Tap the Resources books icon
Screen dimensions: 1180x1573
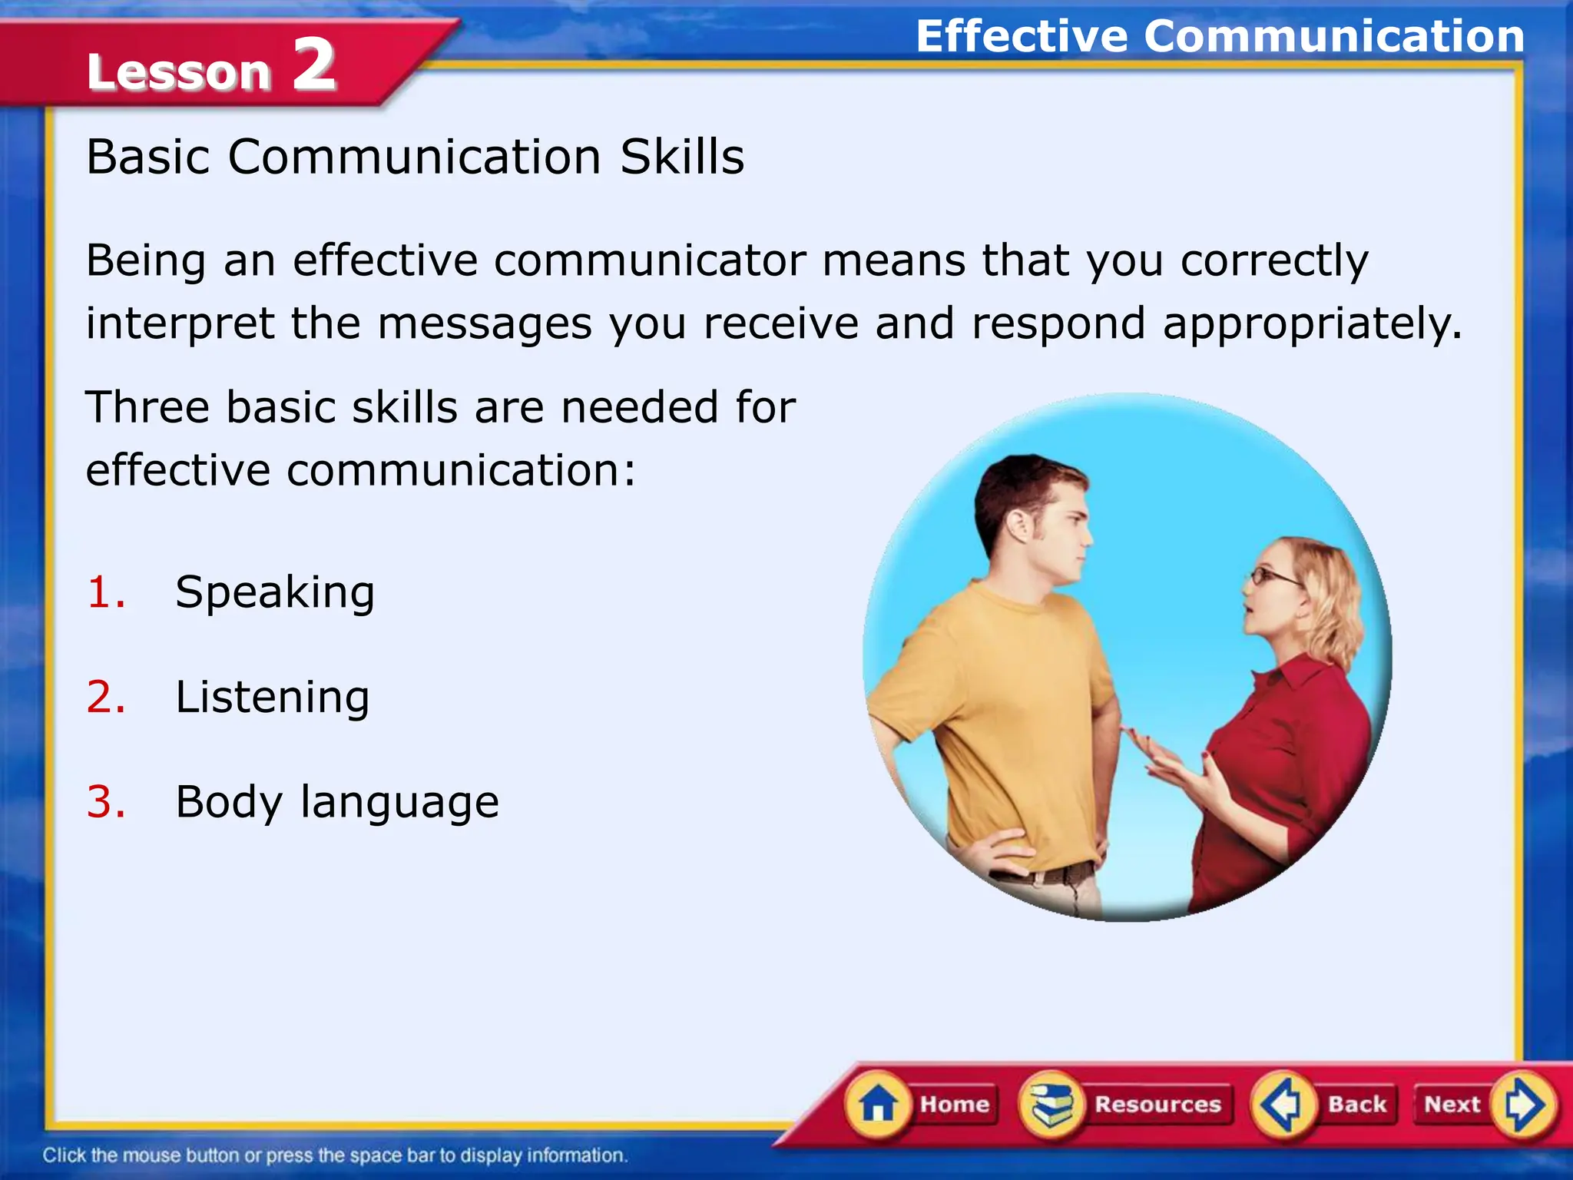(1051, 1104)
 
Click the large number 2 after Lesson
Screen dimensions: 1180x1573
(314, 65)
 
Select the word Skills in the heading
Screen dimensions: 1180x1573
(682, 157)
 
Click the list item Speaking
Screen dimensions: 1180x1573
(275, 593)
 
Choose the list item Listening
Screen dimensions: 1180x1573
(273, 698)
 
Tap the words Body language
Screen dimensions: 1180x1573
(337, 803)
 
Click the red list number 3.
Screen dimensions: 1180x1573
(106, 803)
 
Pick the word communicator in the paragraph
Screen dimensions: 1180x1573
(650, 260)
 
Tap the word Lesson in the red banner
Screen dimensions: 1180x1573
(179, 71)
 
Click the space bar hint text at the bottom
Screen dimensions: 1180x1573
(335, 1155)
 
